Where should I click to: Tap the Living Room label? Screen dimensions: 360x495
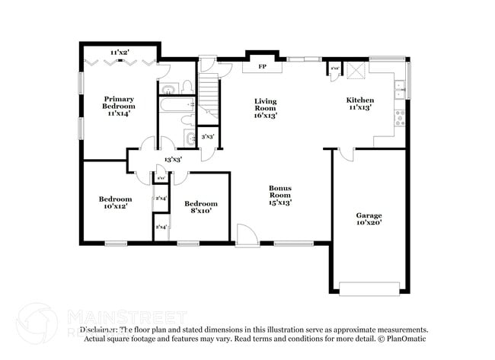point(265,108)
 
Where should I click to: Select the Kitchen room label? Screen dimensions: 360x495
point(359,104)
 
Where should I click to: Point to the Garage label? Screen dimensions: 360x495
point(368,219)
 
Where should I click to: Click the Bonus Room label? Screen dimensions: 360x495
point(279,194)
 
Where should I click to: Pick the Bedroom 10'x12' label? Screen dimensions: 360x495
point(115,202)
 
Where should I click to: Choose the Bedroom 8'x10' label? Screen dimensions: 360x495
point(201,207)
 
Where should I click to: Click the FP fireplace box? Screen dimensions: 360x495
point(262,67)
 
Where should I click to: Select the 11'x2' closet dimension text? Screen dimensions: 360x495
point(120,52)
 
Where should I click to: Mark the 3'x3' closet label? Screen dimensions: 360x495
point(206,137)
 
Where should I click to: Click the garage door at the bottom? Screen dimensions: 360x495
point(369,288)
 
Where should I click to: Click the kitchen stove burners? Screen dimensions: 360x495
point(400,118)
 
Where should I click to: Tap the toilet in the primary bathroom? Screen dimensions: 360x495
point(190,137)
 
